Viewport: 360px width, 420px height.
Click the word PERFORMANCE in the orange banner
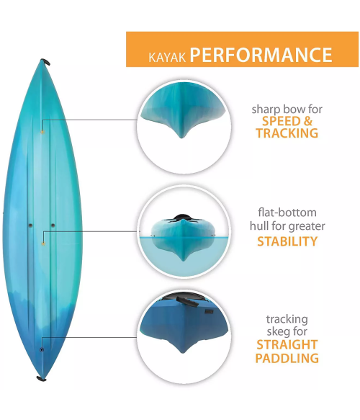(261, 55)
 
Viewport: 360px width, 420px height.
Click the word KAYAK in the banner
(167, 58)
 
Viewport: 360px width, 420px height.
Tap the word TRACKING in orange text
(287, 133)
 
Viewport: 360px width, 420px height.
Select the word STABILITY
(287, 241)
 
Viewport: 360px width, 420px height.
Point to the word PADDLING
(287, 358)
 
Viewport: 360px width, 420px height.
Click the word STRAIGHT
(287, 345)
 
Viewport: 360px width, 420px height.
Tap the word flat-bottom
(287, 213)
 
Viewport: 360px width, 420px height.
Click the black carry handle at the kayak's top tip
(45, 62)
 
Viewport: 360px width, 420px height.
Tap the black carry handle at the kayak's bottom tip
(42, 379)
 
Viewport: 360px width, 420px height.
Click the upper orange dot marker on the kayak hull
(42, 132)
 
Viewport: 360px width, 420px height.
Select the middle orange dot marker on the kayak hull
(43, 243)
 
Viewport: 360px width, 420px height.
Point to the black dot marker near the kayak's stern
(42, 350)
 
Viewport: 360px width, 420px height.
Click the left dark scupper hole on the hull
(30, 225)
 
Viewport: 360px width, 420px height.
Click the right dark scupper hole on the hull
(53, 225)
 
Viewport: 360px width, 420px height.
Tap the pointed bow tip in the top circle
(181, 136)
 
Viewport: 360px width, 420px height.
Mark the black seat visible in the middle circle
(183, 218)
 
